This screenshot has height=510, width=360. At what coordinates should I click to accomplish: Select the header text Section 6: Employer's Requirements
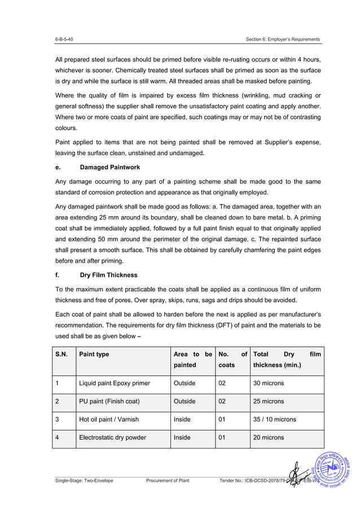[283, 39]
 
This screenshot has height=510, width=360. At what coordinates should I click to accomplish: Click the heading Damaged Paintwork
[110, 167]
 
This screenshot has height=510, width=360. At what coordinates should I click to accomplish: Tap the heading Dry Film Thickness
[108, 275]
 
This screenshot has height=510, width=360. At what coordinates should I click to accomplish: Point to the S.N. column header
[61, 354]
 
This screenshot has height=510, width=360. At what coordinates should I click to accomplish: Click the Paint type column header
[94, 354]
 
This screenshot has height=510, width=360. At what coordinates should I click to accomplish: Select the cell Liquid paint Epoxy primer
[115, 383]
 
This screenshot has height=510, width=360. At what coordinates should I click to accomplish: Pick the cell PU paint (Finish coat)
[109, 402]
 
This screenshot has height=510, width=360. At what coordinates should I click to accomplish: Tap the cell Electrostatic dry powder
[112, 437]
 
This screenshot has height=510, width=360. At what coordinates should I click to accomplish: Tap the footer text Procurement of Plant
[168, 480]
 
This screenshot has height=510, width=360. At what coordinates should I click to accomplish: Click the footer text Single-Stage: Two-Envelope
[84, 480]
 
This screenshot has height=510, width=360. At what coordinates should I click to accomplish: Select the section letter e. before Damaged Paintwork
[58, 167]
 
